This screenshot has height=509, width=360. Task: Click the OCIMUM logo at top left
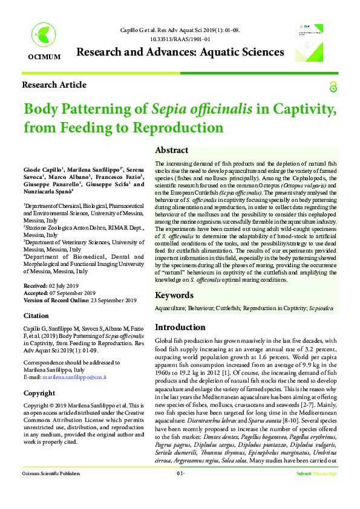point(44,42)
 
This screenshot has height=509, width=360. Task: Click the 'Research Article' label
point(54,85)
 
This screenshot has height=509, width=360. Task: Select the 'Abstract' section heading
point(171,150)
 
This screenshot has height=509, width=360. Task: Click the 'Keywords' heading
point(174,295)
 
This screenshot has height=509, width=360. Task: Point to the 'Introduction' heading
point(180,327)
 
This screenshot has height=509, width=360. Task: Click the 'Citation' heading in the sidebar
point(36,316)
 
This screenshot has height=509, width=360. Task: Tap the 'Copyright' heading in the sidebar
point(39,393)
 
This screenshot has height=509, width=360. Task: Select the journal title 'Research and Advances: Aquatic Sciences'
point(180,52)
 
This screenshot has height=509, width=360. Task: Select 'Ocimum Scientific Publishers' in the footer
point(51,490)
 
